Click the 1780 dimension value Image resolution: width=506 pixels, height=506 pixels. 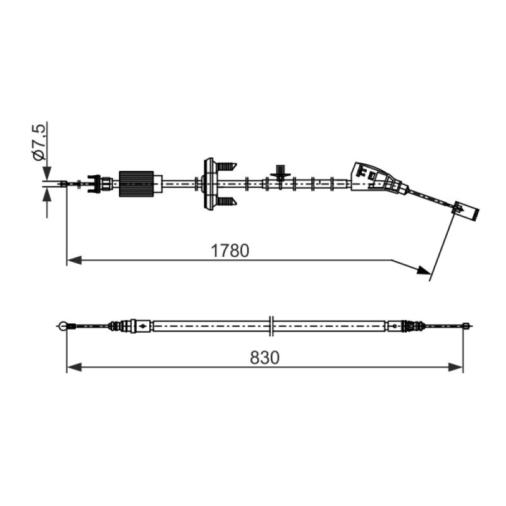point(230,250)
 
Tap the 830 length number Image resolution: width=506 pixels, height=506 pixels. point(264,357)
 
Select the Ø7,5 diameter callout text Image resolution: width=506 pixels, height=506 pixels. point(39,142)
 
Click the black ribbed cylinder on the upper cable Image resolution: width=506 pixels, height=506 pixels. point(136,183)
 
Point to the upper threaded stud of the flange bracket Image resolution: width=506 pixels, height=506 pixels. point(226,167)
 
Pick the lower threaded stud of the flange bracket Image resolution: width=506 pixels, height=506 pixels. point(226,201)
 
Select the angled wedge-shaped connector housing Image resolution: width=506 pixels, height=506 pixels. point(378,178)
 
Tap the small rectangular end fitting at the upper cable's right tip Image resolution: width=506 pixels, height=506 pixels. point(466,210)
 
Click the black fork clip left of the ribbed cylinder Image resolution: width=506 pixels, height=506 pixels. point(94,184)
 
